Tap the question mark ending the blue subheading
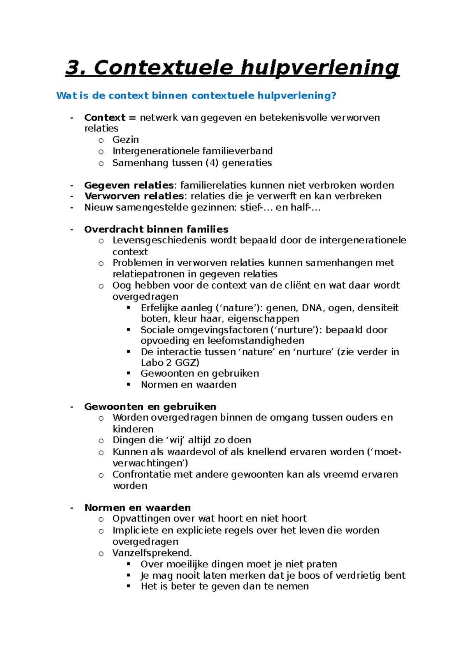pos(333,95)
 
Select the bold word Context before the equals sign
pos(104,118)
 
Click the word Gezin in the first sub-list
pos(125,140)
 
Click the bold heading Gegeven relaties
pos(128,185)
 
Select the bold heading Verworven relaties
pos(134,196)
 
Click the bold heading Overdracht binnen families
pos(156,229)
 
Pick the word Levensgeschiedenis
pos(160,240)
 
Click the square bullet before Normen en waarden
pos(129,384)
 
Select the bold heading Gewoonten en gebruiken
pos(150,407)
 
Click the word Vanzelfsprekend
pos(152,553)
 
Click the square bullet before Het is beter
pos(129,586)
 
